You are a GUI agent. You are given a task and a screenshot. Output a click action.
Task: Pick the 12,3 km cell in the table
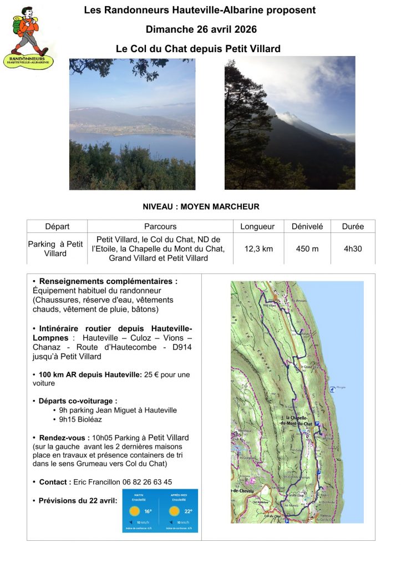pos(258,249)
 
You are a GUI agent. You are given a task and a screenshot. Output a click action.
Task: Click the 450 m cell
pos(307,249)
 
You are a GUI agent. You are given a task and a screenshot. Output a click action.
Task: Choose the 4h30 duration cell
pos(352,249)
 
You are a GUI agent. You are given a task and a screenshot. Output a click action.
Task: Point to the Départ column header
pos(57,226)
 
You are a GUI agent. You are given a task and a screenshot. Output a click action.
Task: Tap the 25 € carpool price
pos(150,375)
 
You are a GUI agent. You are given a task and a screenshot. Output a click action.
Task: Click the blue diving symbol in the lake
pos(332,389)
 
